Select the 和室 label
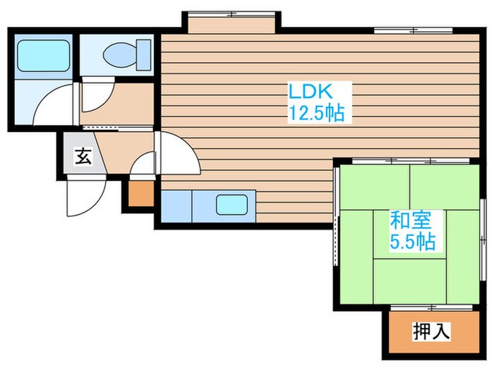pos(408,220)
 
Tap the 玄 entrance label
pos(83,157)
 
